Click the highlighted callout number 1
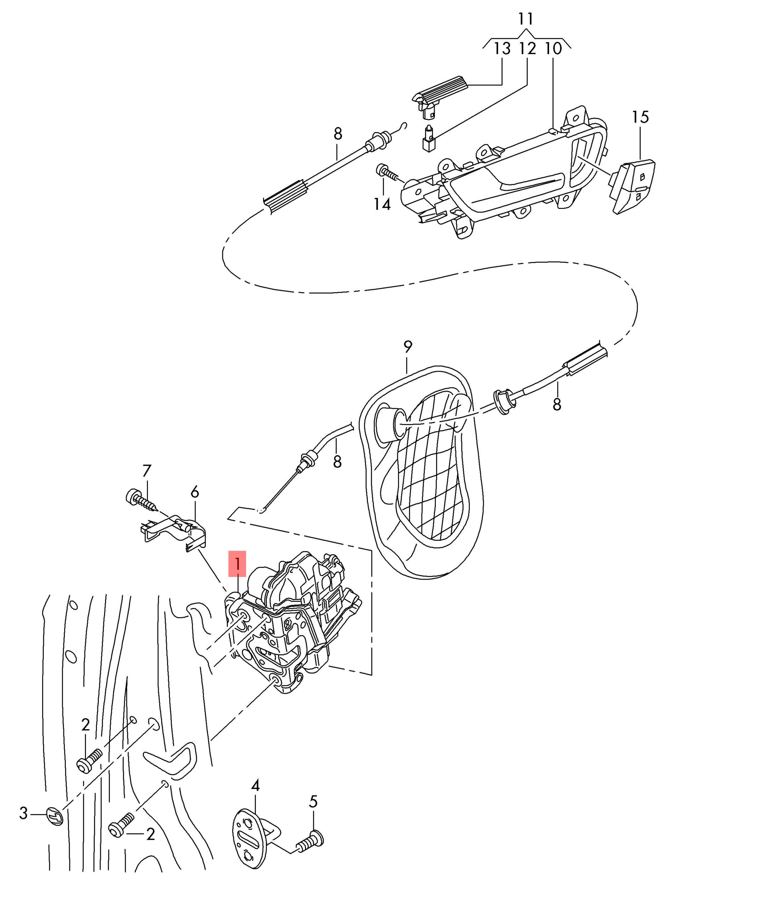click(237, 564)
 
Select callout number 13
click(502, 48)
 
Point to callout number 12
click(527, 48)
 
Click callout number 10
click(553, 48)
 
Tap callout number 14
click(382, 203)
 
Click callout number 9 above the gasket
click(407, 346)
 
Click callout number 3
click(23, 813)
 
